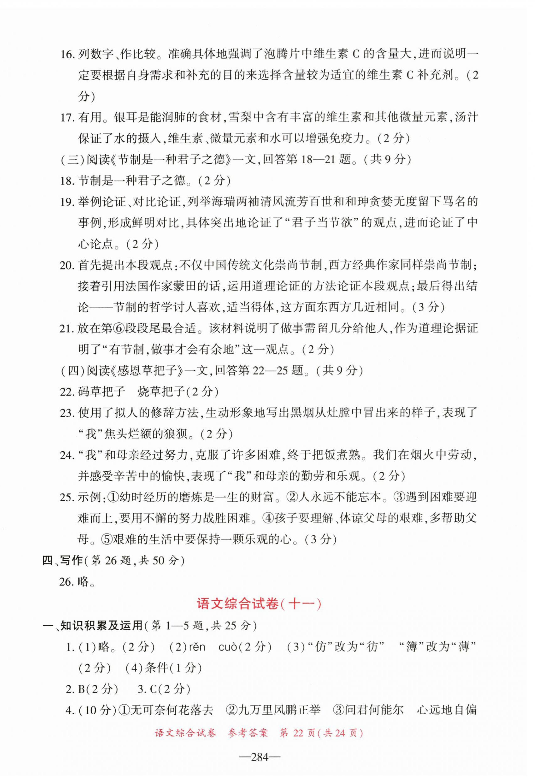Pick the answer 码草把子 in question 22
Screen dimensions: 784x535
tap(102, 392)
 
